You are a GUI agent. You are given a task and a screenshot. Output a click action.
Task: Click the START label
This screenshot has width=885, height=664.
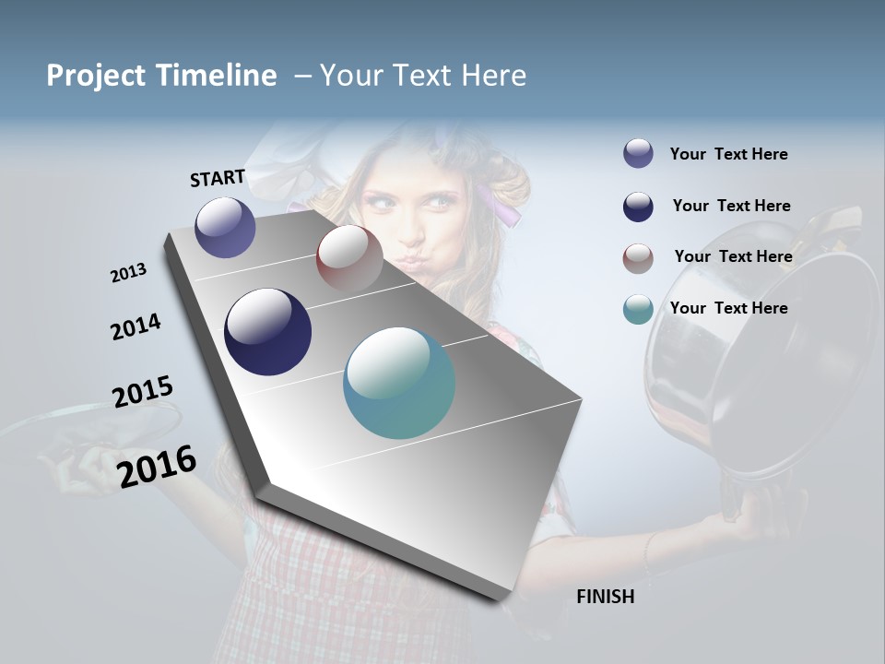[218, 178]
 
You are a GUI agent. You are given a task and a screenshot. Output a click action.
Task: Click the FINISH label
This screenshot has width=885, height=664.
[605, 597]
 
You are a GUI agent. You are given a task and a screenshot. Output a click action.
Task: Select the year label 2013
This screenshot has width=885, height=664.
[129, 273]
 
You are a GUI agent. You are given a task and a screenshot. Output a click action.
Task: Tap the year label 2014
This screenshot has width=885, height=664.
[136, 326]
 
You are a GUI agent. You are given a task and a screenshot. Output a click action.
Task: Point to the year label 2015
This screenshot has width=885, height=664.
[143, 392]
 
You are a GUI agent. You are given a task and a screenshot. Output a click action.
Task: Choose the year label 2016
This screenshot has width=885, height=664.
[158, 466]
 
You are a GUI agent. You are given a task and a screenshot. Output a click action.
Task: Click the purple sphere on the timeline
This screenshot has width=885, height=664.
[225, 227]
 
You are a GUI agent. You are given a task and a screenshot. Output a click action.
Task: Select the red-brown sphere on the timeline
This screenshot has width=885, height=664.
[349, 257]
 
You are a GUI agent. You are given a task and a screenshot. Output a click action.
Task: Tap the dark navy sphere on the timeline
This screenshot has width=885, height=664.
[267, 332]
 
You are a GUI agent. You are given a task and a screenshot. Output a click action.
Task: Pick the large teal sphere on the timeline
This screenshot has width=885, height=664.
[399, 383]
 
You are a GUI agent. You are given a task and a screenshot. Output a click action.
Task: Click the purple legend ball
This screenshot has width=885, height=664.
[638, 153]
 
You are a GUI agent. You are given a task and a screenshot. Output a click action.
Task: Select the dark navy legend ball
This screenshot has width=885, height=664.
[638, 206]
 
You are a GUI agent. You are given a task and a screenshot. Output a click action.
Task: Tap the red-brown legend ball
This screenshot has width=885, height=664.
[638, 257]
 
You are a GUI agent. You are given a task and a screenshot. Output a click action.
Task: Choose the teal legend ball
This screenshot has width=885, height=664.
[638, 309]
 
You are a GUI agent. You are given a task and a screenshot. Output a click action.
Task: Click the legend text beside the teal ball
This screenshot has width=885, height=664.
[728, 308]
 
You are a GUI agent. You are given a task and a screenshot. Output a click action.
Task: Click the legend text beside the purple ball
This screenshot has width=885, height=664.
[728, 154]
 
